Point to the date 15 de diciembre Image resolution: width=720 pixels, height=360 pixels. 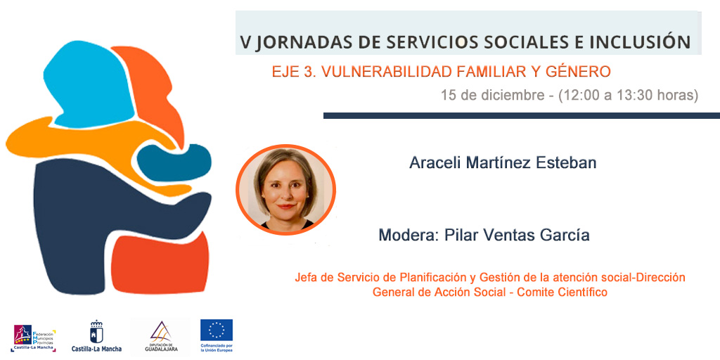(492, 95)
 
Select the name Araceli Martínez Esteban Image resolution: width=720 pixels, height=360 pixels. (503, 163)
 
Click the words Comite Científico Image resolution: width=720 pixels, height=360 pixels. (562, 292)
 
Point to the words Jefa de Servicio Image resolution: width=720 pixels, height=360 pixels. (330, 278)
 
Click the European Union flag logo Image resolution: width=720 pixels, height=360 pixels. (217, 330)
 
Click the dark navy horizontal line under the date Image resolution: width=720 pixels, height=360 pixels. (520, 115)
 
